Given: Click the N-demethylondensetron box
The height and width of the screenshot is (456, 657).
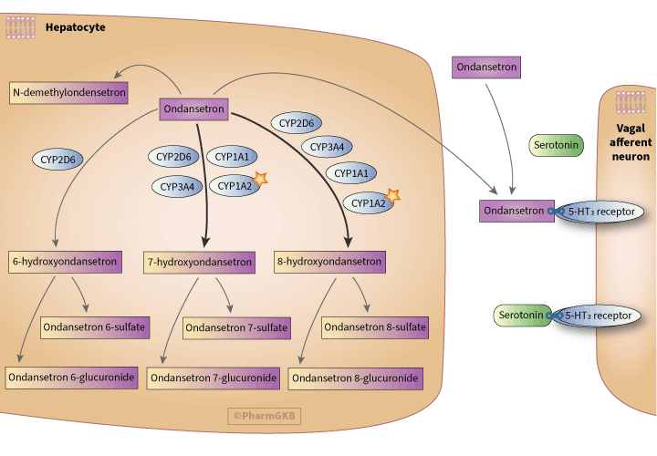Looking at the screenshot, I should (68, 93).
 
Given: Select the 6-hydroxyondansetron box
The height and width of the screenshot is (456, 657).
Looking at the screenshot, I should (65, 261).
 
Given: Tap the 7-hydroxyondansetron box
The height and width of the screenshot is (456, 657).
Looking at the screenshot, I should (200, 263).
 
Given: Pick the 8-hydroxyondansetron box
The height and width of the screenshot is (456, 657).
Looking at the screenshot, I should (329, 262).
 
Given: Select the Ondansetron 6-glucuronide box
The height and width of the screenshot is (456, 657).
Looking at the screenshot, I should (72, 377).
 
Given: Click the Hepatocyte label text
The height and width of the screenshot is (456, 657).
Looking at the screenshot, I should (76, 27).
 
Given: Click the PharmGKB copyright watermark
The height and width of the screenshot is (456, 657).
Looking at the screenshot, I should (265, 416).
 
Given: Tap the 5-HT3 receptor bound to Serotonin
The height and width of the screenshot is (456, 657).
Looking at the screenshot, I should (600, 316).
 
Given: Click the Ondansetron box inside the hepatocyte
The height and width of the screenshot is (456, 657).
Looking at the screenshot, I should (193, 109).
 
